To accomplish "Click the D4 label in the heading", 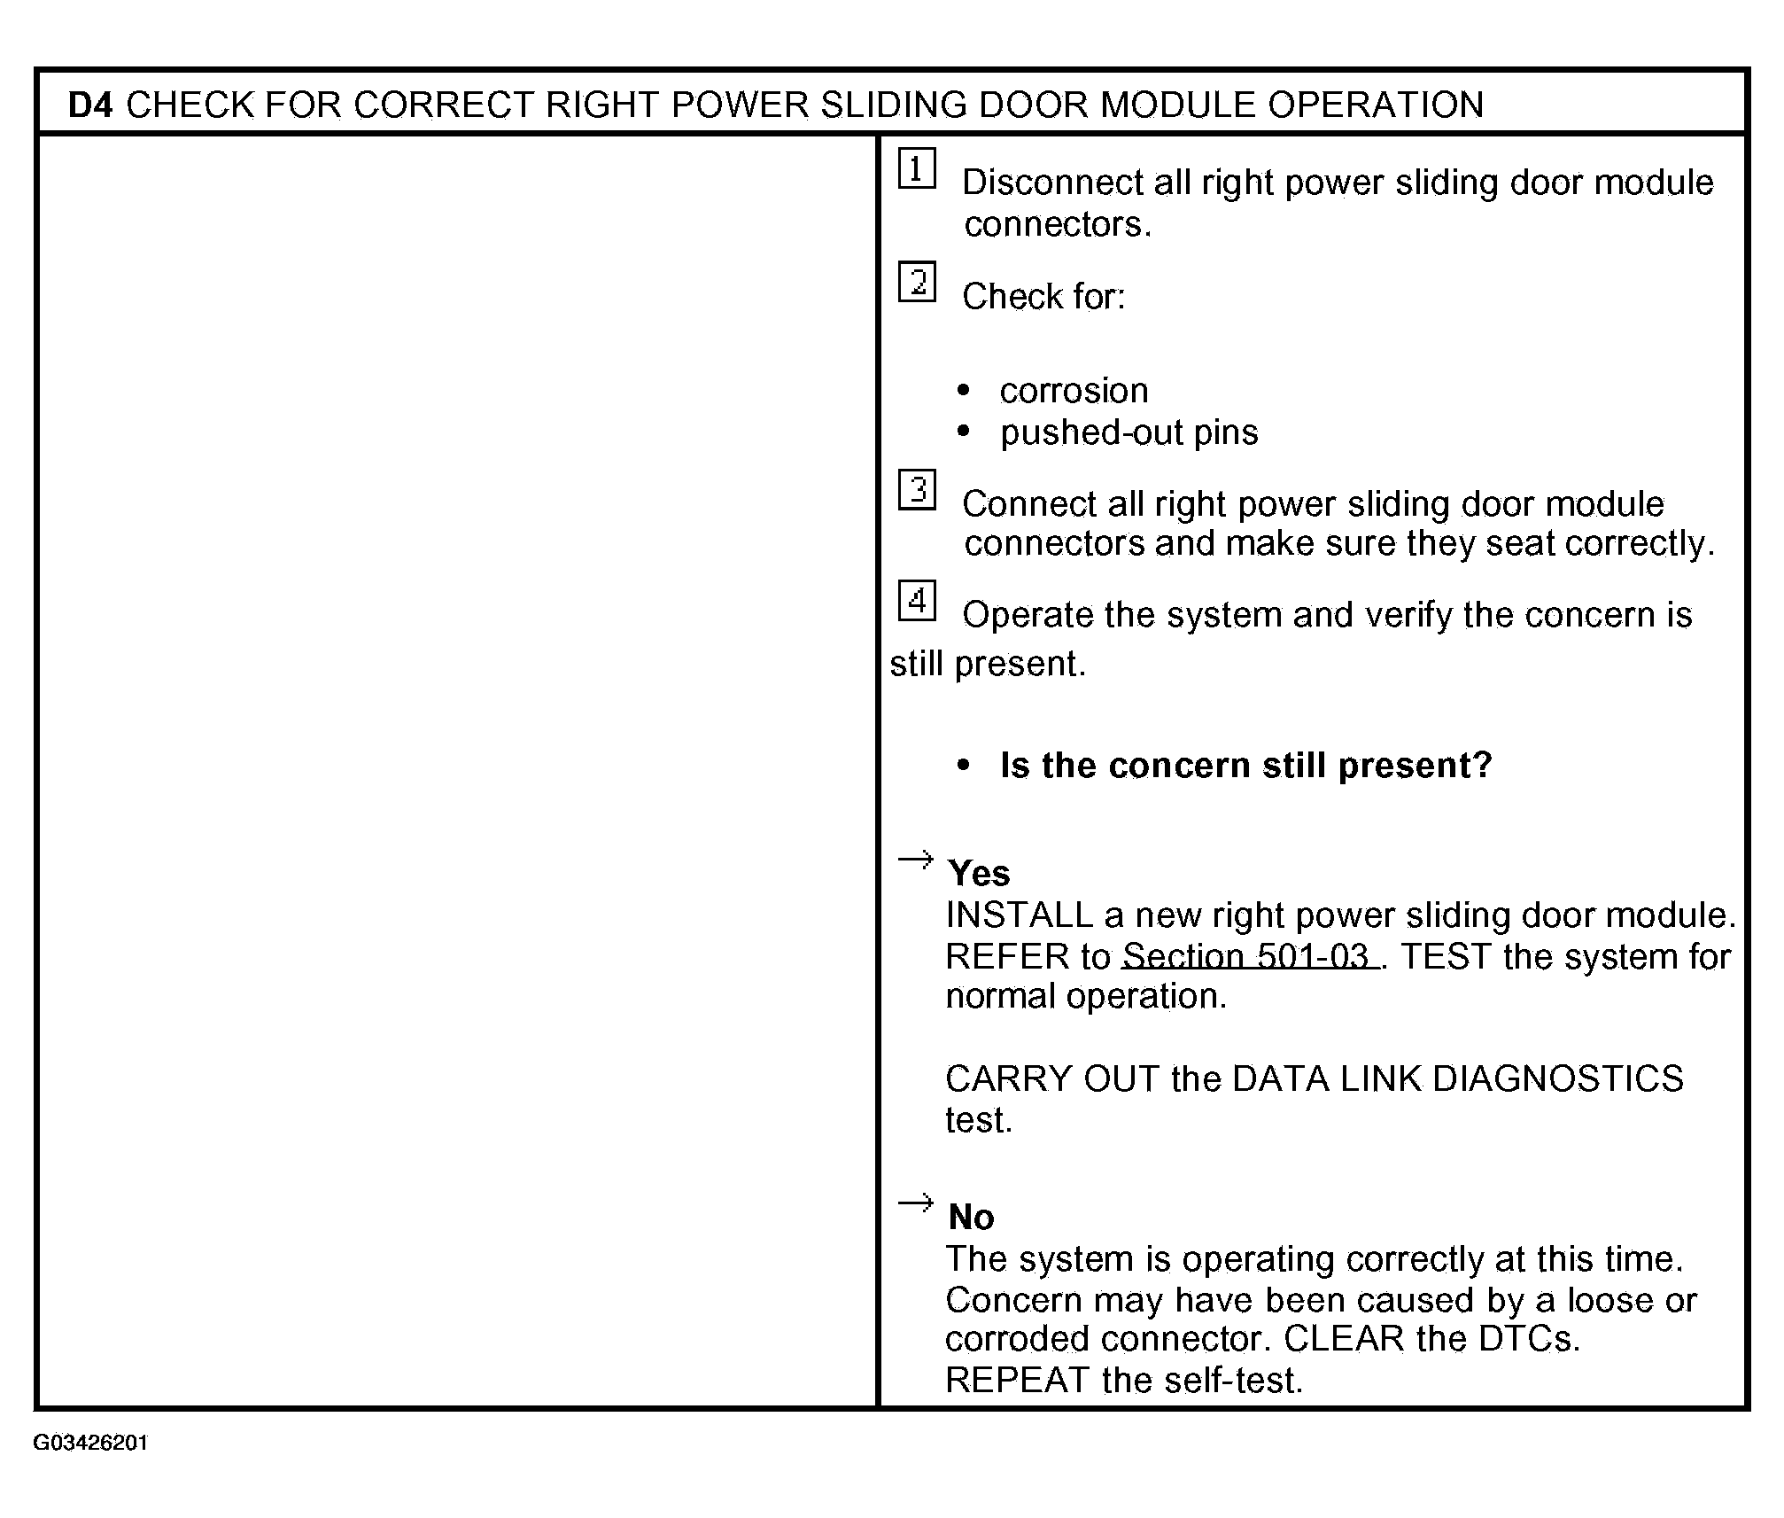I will point(90,105).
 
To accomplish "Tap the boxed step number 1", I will point(916,168).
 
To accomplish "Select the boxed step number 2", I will point(916,283).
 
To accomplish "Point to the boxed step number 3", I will point(916,490).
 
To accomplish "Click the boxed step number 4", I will point(916,601).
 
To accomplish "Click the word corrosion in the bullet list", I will point(1074,391).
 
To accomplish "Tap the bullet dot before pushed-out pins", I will point(964,432).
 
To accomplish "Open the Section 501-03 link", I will point(1249,956).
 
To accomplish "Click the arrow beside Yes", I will point(915,860).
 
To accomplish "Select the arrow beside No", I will point(915,1203).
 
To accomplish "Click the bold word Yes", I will point(978,874).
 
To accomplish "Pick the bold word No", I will point(971,1218).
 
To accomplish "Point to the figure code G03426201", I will point(90,1443).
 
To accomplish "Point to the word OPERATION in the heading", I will point(1376,105).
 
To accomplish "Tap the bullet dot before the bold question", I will point(964,766).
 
